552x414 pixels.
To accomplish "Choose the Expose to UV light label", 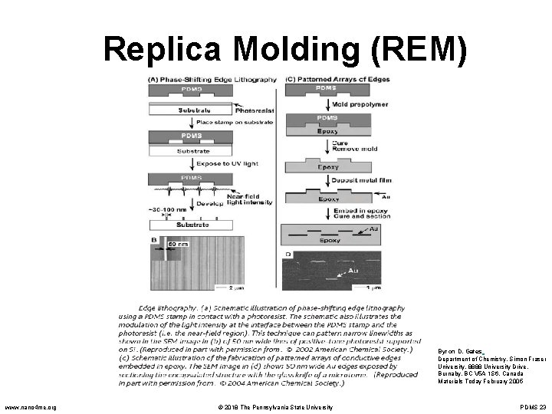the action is point(217,164).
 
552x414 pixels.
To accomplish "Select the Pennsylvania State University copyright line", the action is point(274,406).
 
